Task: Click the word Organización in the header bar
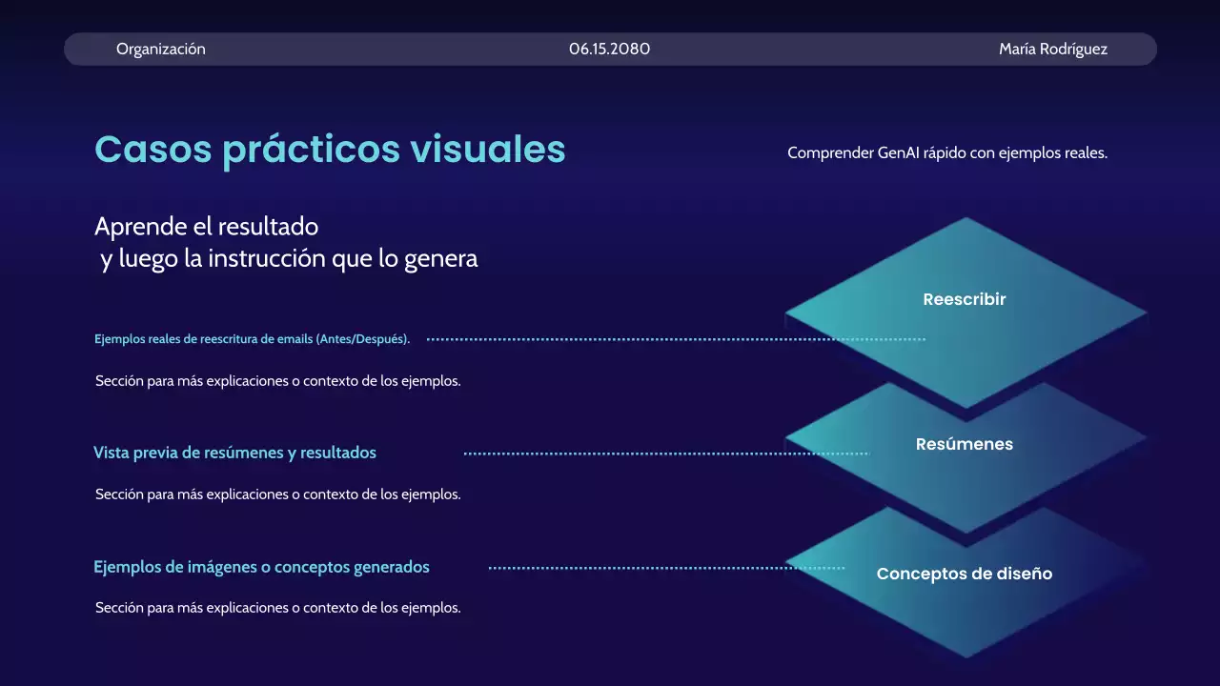pyautogui.click(x=160, y=49)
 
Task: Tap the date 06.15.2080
pyautogui.click(x=610, y=49)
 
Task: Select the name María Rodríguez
pyautogui.click(x=1053, y=49)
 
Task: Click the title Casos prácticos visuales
pyautogui.click(x=330, y=150)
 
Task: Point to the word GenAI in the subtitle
pyautogui.click(x=898, y=152)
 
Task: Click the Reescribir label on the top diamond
pyautogui.click(x=965, y=299)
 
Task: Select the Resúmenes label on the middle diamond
pyautogui.click(x=965, y=444)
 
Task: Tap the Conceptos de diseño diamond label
pyautogui.click(x=965, y=574)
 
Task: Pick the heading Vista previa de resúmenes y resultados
pyautogui.click(x=234, y=453)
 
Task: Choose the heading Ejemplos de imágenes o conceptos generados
pyautogui.click(x=261, y=567)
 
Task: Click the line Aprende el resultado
pyautogui.click(x=206, y=227)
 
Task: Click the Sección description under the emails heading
pyautogui.click(x=277, y=381)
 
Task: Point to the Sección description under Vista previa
pyautogui.click(x=277, y=494)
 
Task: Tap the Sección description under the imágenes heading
pyautogui.click(x=277, y=607)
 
